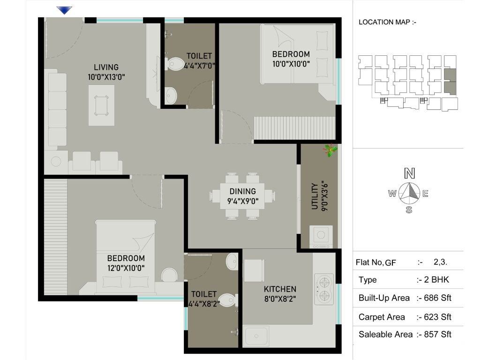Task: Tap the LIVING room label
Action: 106,67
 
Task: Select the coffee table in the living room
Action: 102,105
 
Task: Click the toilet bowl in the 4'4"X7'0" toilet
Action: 176,64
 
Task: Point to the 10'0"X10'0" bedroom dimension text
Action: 291,64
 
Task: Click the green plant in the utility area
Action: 331,150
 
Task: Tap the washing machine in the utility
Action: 321,236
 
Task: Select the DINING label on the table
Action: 242,191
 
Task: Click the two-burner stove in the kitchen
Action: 324,289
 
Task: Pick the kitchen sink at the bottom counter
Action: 256,336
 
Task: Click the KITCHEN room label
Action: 280,289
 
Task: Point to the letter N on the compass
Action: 410,173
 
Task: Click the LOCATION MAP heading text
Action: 387,22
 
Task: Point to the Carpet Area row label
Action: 382,317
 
